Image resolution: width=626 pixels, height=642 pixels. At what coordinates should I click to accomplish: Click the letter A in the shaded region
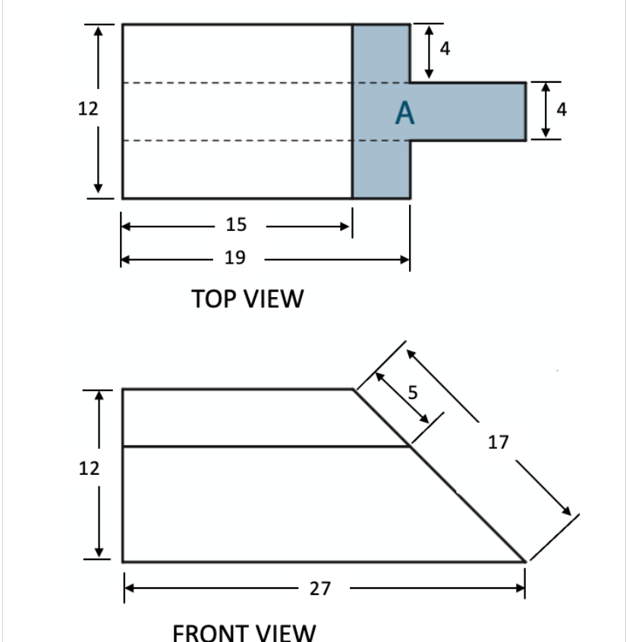[x=405, y=113]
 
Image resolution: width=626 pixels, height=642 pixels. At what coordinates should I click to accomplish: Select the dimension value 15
[x=236, y=225]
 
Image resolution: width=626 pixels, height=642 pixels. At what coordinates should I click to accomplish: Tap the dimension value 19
[x=235, y=258]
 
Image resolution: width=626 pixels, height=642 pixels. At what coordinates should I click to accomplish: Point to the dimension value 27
[x=320, y=588]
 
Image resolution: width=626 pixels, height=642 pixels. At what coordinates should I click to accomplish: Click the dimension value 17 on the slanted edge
[x=498, y=441]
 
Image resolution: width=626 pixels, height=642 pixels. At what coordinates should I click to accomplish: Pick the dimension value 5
[x=413, y=392]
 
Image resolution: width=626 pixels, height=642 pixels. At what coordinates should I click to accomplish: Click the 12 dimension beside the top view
[x=88, y=109]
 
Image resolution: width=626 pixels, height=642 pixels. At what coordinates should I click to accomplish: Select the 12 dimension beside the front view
[x=90, y=468]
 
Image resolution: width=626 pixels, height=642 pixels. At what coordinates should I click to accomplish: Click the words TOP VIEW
[x=247, y=299]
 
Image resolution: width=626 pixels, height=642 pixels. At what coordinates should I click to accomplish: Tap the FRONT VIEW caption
[x=244, y=631]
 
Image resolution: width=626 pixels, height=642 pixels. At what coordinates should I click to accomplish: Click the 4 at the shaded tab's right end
[x=562, y=110]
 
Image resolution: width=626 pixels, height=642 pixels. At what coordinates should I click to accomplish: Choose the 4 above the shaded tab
[x=445, y=50]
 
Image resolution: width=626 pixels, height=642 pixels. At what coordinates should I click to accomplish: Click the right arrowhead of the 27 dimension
[x=521, y=588]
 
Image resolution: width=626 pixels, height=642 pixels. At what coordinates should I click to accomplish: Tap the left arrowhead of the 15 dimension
[x=127, y=226]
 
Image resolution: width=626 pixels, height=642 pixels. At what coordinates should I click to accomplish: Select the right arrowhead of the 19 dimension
[x=405, y=259]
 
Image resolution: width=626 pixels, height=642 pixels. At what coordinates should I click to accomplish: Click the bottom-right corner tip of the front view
[x=526, y=561]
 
